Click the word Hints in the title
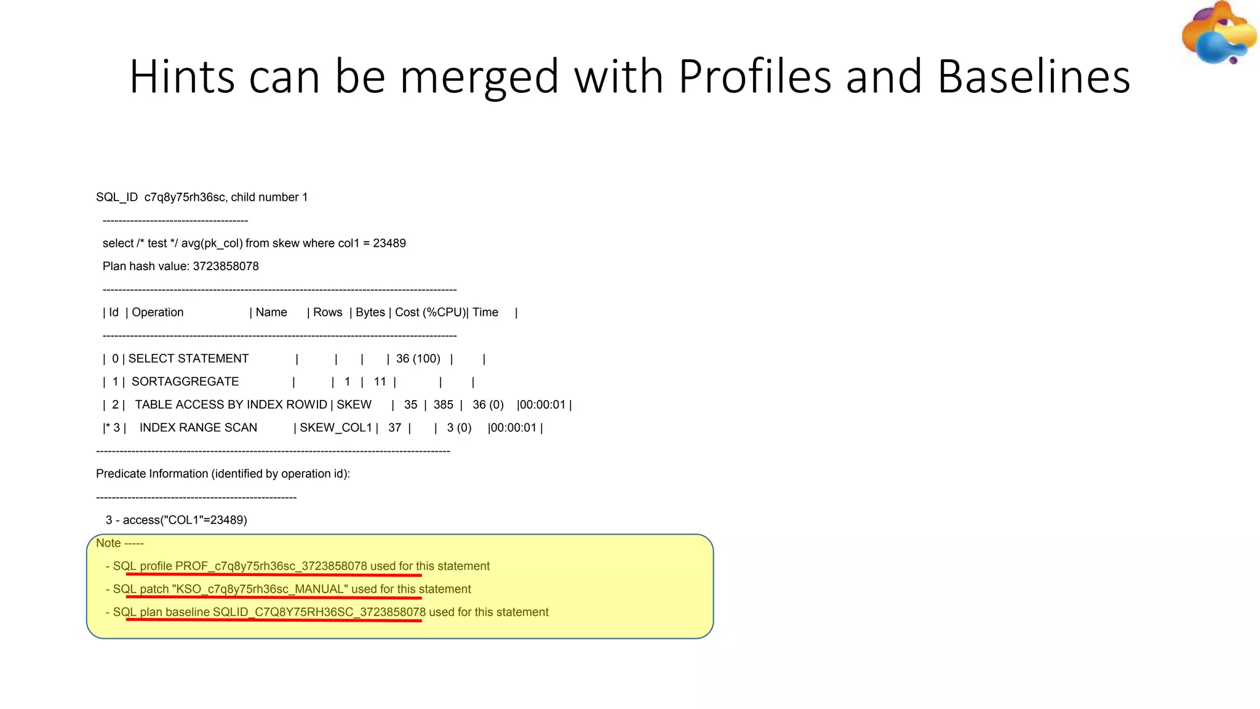(x=182, y=77)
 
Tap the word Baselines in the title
(x=1034, y=77)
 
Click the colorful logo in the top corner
(x=1219, y=33)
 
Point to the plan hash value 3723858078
(x=226, y=266)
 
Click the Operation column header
(x=157, y=313)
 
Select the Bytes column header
(x=370, y=313)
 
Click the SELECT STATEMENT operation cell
(x=188, y=359)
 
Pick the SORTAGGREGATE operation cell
(x=185, y=382)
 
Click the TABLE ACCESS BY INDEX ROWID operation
(x=231, y=405)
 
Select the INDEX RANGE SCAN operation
(x=198, y=428)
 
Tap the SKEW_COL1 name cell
(x=336, y=428)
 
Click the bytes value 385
(x=443, y=405)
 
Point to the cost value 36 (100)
(x=418, y=359)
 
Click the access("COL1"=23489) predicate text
(x=185, y=520)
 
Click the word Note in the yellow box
(x=108, y=543)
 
